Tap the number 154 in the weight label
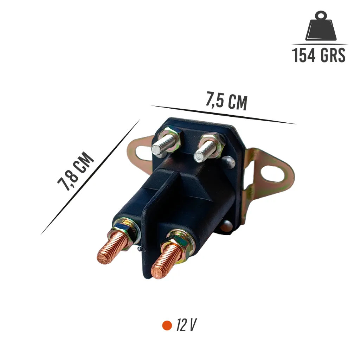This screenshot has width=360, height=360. tap(303, 55)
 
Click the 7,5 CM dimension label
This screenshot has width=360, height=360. tap(227, 101)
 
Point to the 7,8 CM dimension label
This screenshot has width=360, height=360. tap(75, 171)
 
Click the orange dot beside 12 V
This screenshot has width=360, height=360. tap(167, 325)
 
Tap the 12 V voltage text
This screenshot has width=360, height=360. tap(186, 325)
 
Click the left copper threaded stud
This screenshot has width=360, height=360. tap(110, 248)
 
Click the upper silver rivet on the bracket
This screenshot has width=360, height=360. tap(229, 161)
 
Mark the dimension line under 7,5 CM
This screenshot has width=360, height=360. tap(223, 115)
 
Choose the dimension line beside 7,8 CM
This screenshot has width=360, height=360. tap(90, 177)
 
